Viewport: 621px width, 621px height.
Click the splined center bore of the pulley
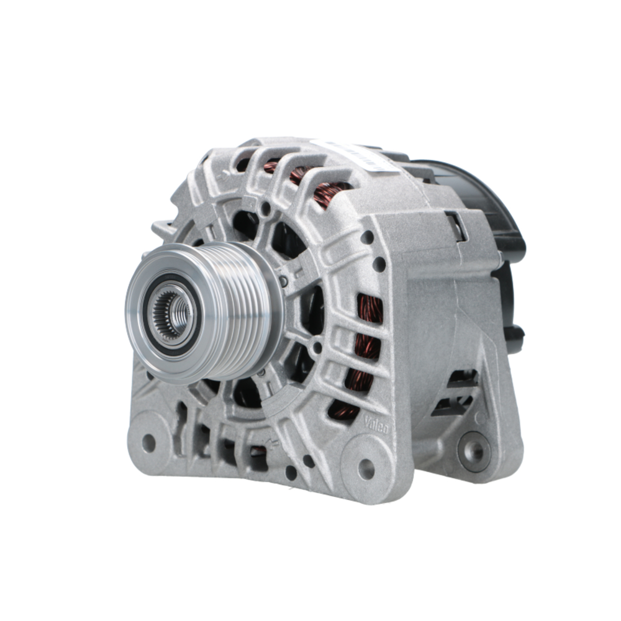coord(175,312)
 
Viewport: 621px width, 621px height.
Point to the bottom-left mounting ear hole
coord(148,442)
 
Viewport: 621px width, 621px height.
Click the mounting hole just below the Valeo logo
coord(366,468)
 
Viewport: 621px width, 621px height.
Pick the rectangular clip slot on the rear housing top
coord(456,225)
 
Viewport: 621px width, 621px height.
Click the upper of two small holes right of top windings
coord(368,237)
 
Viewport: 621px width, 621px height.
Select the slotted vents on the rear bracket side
coord(456,391)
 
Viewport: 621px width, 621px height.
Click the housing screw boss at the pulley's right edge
coord(284,281)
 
